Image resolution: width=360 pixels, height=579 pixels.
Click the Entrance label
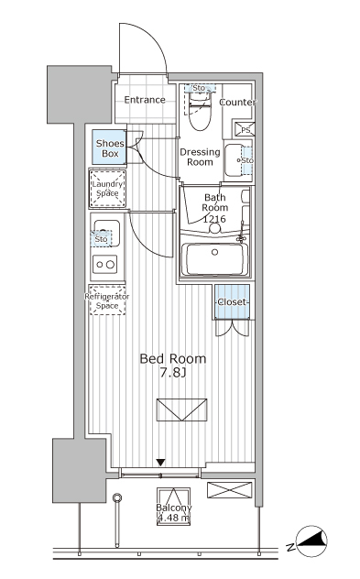[145, 100]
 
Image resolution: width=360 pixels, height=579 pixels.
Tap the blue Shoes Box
[109, 147]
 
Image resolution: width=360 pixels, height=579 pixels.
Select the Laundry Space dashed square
[107, 189]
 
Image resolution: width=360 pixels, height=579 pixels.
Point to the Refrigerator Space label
[107, 300]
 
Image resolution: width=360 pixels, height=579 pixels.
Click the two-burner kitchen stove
[104, 265]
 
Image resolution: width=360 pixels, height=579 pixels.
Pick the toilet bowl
[200, 113]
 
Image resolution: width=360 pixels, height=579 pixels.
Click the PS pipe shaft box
[245, 129]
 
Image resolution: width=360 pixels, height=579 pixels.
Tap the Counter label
[238, 103]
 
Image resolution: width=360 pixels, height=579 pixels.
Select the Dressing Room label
[200, 157]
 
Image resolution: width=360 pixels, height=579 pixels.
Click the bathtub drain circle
[214, 252]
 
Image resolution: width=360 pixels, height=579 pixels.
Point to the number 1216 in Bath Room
[214, 219]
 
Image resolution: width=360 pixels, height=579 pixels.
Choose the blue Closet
[233, 301]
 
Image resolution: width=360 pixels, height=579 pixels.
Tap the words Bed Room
[173, 358]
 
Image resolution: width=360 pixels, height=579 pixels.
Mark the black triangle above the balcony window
[160, 463]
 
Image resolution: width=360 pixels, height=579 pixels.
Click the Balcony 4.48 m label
[173, 513]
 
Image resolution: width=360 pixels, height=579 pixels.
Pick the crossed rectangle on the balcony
[229, 490]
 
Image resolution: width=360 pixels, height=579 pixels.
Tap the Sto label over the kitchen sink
[101, 239]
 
